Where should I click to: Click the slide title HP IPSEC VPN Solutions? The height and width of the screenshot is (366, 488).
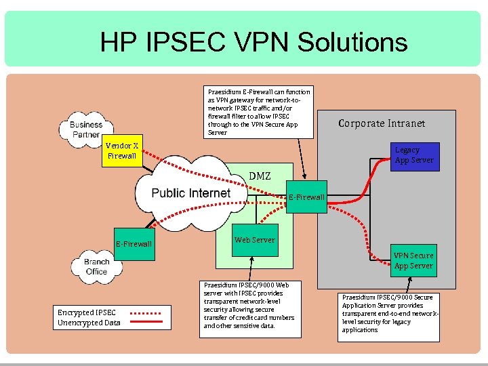tap(253, 42)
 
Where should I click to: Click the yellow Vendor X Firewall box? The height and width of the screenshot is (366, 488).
tap(122, 150)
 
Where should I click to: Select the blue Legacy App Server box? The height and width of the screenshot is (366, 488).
tap(413, 155)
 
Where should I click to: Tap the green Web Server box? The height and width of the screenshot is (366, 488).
tap(254, 241)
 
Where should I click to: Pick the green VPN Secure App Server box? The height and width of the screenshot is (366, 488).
tap(413, 261)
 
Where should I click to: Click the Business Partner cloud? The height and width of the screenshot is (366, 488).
tap(87, 129)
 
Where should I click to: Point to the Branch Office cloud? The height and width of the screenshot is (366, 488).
tap(97, 266)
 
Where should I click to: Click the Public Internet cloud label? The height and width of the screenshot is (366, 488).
tap(190, 193)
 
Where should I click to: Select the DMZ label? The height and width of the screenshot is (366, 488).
tap(259, 176)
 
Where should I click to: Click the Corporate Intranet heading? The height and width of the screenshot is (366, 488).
tap(382, 123)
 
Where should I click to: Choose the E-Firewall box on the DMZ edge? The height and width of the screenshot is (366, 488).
tap(306, 197)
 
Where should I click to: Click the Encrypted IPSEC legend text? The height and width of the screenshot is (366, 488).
tap(87, 312)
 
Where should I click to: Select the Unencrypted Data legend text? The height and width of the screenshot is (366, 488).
tap(89, 323)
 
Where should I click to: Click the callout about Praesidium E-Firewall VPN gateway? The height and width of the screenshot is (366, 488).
tap(259, 112)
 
